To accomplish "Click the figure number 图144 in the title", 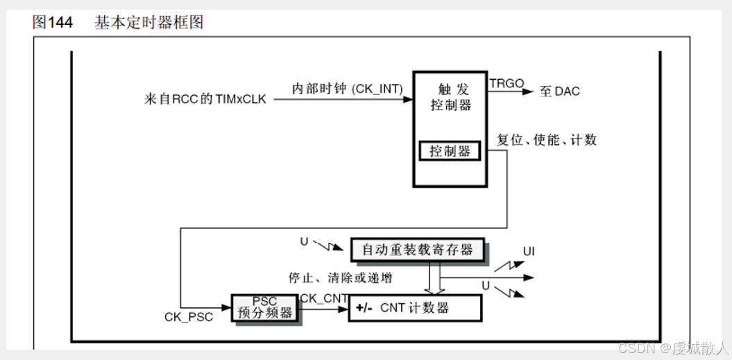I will coord(52,22).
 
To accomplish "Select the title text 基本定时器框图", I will coord(148,22).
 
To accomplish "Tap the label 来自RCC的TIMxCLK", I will coord(204,99).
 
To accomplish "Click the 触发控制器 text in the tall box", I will coord(450,97).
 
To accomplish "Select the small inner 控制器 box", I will coord(450,151).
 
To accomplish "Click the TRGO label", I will coord(507,83).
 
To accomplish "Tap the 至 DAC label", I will coord(560,92).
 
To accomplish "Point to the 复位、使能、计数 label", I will coord(547,140).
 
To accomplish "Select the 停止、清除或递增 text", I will coord(340,278).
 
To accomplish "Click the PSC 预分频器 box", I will coord(264,307).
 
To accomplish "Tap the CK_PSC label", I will coord(189,316).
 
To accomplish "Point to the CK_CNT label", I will coord(323,298).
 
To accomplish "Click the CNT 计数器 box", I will coord(414,307).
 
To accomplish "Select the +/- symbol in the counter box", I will coord(364,308).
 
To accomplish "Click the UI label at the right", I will coord(529,251).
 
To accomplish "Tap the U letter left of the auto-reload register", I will coord(304,241).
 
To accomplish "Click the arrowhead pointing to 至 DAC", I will coord(529,91).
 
